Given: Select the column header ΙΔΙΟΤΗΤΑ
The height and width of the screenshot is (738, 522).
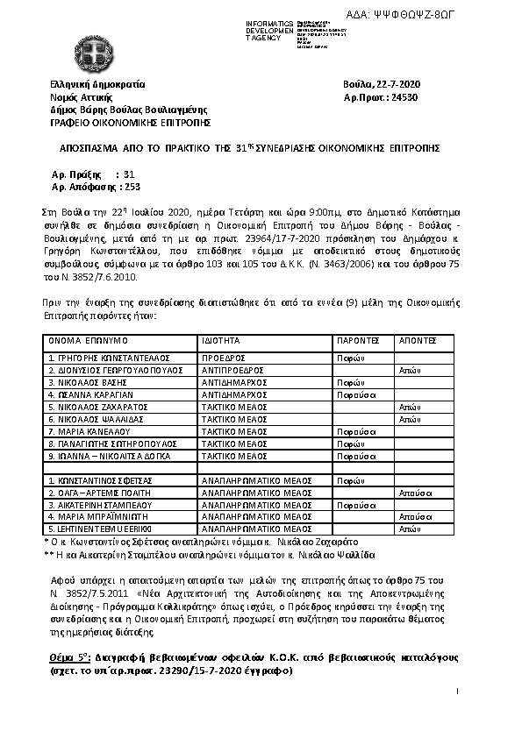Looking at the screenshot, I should [221, 338].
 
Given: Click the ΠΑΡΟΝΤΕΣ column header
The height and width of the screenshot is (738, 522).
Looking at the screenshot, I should [357, 338].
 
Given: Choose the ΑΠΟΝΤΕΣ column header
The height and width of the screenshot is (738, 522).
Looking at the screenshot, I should [416, 338].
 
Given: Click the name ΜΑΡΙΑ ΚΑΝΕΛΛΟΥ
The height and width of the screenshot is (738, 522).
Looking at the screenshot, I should [90, 432].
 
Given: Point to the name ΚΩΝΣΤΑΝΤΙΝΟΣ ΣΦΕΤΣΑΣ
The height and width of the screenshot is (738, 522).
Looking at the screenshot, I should [103, 481].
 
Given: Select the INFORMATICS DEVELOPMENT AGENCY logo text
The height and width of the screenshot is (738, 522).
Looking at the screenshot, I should [273, 30].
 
